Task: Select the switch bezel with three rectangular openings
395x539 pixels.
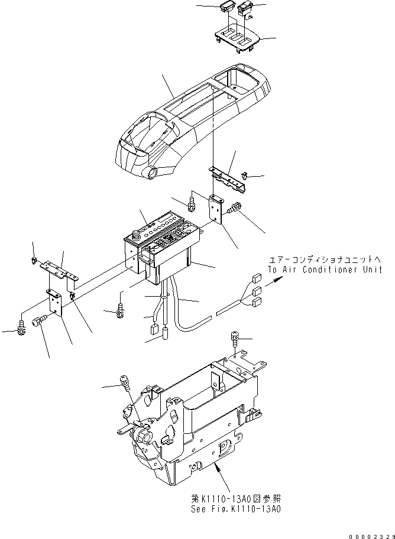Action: [236, 38]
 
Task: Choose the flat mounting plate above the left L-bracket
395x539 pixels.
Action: [59, 269]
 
